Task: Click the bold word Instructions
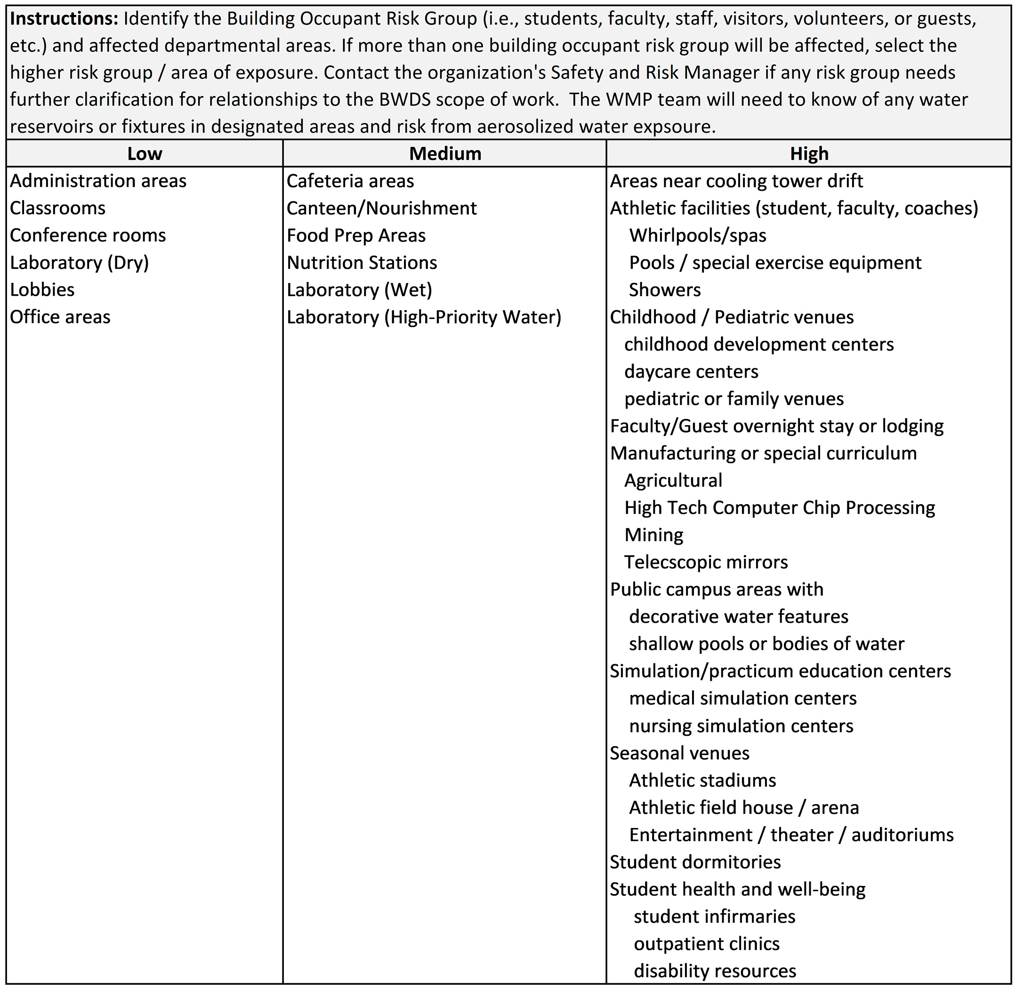pyautogui.click(x=64, y=19)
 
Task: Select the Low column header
pyautogui.click(x=145, y=154)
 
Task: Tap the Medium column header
pyautogui.click(x=445, y=154)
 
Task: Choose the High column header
pyautogui.click(x=809, y=154)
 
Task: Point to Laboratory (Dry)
pyautogui.click(x=80, y=263)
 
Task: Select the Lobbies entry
pyautogui.click(x=42, y=290)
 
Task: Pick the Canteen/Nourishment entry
pyautogui.click(x=382, y=208)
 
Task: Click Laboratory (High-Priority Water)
pyautogui.click(x=424, y=317)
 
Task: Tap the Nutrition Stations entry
pyautogui.click(x=362, y=263)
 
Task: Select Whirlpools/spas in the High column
pyautogui.click(x=697, y=235)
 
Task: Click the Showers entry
pyautogui.click(x=664, y=290)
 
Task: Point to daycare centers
pyautogui.click(x=691, y=372)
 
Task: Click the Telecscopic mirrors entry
pyautogui.click(x=706, y=562)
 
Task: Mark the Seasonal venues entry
pyautogui.click(x=679, y=753)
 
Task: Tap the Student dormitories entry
pyautogui.click(x=695, y=862)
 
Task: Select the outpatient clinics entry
pyautogui.click(x=707, y=944)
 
